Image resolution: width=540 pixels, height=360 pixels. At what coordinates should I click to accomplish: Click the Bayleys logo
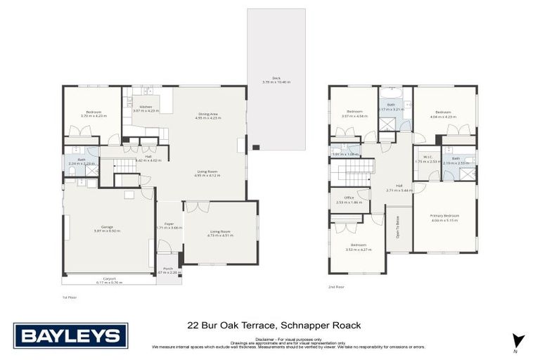[70, 336]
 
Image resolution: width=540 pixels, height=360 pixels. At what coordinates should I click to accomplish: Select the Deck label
[276, 78]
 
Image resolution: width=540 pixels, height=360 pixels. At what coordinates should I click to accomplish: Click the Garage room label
[108, 227]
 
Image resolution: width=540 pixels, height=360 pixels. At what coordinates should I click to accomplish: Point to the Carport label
[109, 278]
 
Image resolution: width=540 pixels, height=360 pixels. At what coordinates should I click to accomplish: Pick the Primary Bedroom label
[444, 216]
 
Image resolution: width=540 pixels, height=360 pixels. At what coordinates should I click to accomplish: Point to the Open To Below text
[398, 229]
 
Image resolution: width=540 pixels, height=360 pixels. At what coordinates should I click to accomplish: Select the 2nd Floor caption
[336, 287]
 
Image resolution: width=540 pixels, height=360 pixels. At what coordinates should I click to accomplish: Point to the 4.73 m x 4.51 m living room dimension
[220, 236]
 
